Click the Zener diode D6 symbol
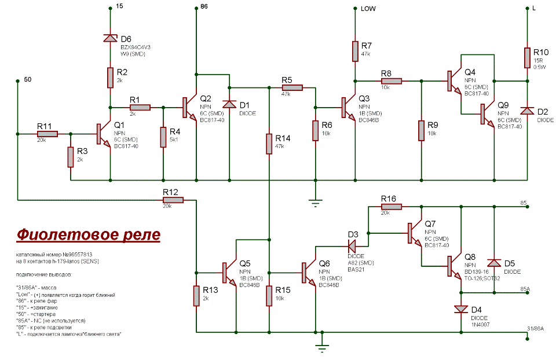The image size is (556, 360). pos(110,38)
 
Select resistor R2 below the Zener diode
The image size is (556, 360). pos(110,78)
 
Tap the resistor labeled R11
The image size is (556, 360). pos(47,134)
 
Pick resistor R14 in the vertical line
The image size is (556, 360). pos(269,144)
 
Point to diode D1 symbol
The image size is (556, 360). pos(230,104)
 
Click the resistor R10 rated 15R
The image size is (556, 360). pos(528,58)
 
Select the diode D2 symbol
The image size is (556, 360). pos(528,110)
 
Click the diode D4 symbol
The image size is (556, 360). pos(461,308)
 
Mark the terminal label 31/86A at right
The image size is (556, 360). pos(535,329)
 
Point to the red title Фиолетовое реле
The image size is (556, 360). pos(87,235)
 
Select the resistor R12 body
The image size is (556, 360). pos(173,200)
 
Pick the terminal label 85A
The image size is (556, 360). pos(525,288)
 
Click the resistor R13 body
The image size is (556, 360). pos(197,294)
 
